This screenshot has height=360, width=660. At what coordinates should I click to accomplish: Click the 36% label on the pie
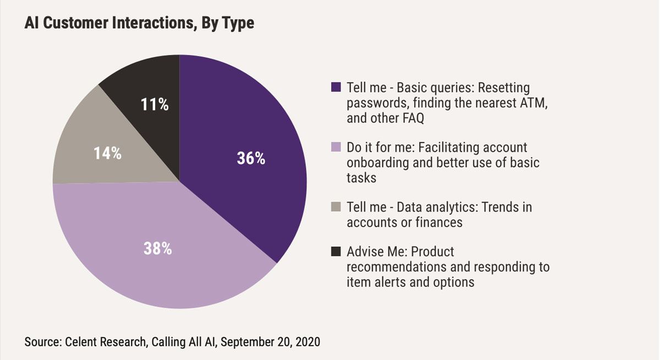[x=251, y=159]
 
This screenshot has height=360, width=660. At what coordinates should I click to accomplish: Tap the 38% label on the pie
[x=158, y=248]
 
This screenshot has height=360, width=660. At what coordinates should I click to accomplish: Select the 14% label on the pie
[x=107, y=153]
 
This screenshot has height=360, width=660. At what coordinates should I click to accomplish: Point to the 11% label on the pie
[x=155, y=104]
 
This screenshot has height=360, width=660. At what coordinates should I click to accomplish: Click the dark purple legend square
[x=337, y=87]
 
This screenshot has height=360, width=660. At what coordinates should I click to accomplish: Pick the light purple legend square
[x=337, y=147]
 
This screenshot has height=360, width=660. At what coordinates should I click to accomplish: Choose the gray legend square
[x=337, y=207]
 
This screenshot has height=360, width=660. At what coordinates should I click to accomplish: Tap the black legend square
[x=337, y=252]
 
